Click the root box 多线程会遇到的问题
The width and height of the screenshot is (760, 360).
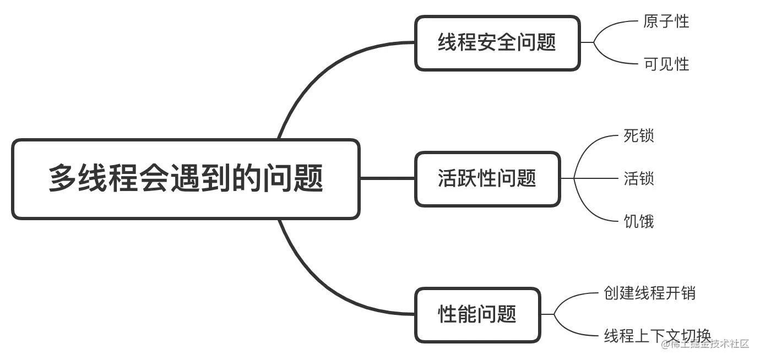186,179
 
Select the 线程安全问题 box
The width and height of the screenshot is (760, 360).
497,43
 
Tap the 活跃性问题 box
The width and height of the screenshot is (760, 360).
487,179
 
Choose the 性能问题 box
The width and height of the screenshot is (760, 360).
477,314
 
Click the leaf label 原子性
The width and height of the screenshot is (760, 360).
666,21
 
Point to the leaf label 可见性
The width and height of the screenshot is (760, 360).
666,64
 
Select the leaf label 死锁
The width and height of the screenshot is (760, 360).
638,135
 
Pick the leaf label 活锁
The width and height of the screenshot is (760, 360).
638,179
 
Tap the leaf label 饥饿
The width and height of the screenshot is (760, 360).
638,222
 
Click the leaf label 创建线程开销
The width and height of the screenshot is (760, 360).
649,293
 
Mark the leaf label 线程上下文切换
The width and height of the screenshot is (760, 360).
657,335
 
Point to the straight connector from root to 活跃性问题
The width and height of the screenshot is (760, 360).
387,178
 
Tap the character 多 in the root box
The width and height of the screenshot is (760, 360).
62,179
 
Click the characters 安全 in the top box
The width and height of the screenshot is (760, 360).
497,43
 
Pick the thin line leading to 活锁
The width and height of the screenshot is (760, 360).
598,178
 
